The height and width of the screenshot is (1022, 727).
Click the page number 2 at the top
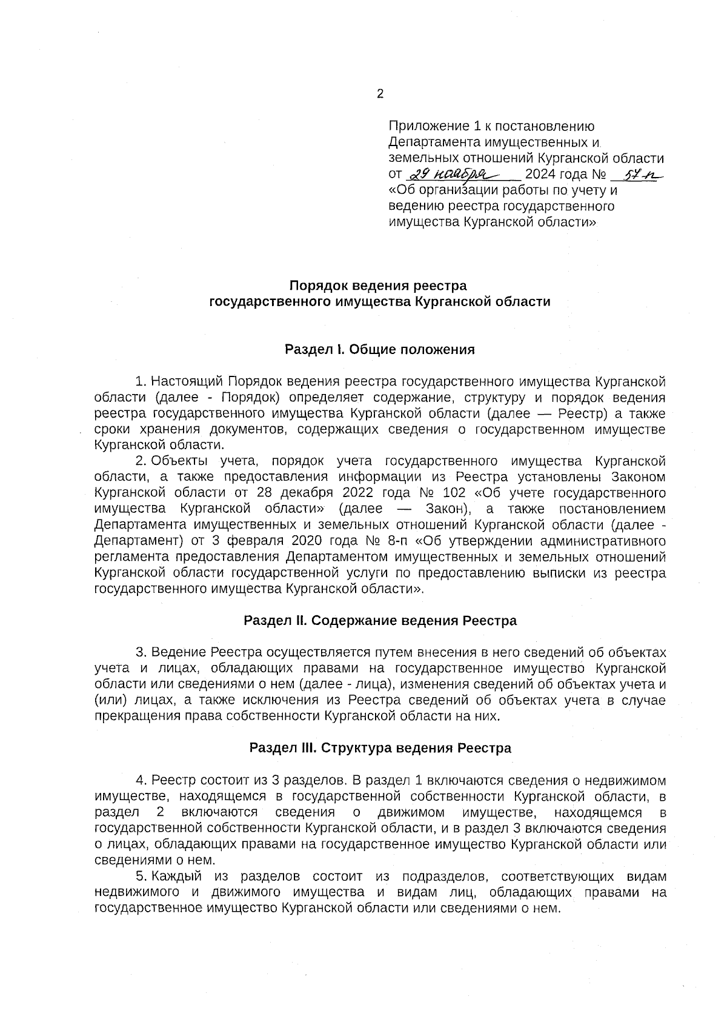[x=380, y=94]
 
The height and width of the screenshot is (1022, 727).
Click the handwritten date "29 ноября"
[x=451, y=175]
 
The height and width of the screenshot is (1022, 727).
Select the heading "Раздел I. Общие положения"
[x=380, y=350]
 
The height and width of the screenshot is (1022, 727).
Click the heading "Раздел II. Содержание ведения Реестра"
[x=380, y=621]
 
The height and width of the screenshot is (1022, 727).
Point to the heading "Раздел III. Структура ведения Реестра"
[x=380, y=748]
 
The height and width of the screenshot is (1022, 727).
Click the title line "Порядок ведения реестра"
[x=380, y=285]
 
